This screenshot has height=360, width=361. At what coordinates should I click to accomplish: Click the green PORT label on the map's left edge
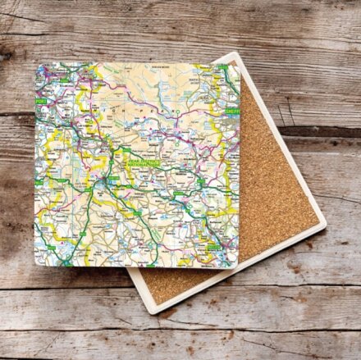40,101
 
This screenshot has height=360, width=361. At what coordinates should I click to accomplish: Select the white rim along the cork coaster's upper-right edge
283,135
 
